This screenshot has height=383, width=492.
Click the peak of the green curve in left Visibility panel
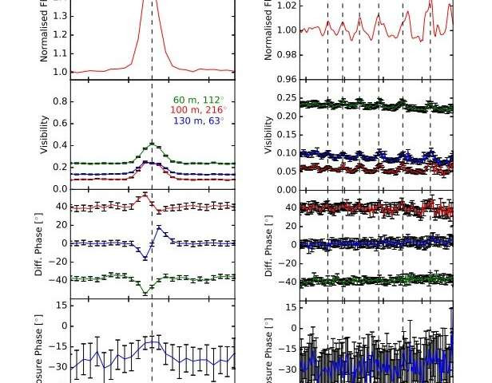152,144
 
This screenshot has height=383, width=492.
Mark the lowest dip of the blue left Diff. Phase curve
145,258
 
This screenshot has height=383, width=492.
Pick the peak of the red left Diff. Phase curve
145,195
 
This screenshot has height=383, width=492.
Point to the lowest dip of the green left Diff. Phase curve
145,293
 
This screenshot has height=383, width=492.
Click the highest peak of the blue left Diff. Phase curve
159,228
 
